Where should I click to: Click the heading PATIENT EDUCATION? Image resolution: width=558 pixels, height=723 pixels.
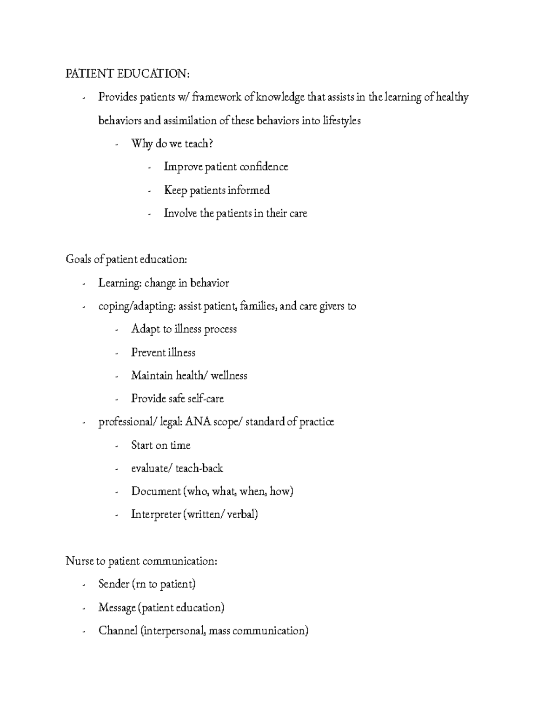tap(128, 74)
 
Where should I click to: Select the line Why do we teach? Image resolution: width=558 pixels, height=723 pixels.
tap(172, 143)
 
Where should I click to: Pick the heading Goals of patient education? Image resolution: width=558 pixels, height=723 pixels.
tap(126, 259)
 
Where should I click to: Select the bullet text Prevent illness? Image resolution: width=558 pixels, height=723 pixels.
tap(163, 352)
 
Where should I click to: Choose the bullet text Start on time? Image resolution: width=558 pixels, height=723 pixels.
tap(161, 445)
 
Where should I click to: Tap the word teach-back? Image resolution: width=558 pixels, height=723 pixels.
tap(199, 468)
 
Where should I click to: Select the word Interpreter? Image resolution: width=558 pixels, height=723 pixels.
tap(156, 514)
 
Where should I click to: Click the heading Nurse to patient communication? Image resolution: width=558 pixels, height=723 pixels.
tap(141, 561)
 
